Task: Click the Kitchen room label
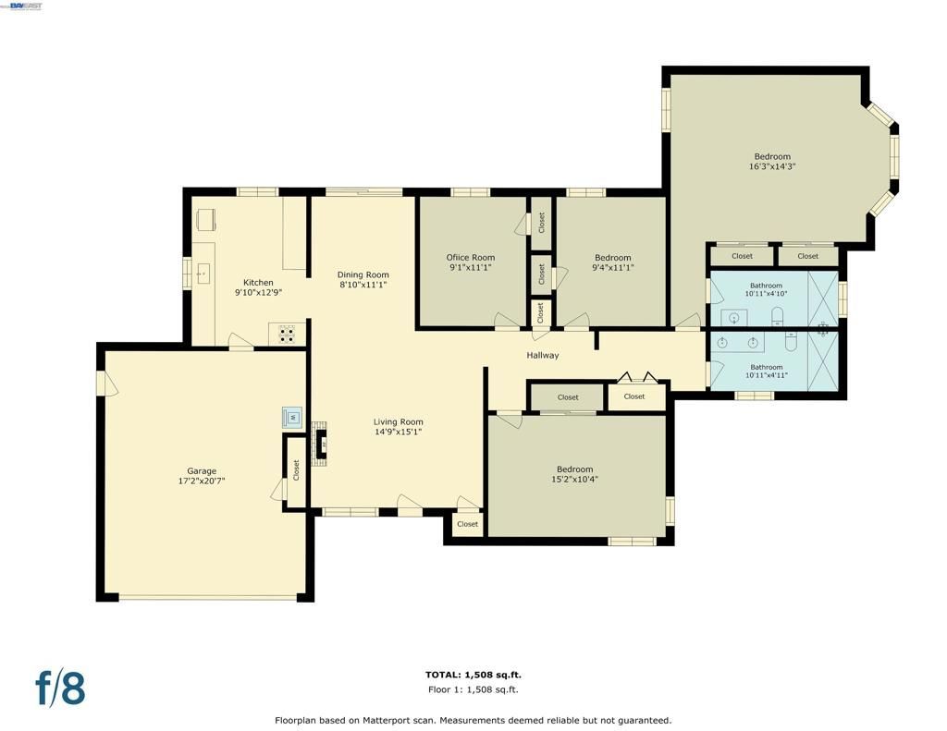258,283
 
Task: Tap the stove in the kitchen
288,334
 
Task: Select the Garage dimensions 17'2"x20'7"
202,481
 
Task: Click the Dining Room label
363,274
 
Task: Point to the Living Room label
399,421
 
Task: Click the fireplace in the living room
321,443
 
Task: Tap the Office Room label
470,258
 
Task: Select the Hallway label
543,355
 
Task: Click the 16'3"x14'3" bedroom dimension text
772,167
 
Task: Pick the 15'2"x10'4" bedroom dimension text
574,479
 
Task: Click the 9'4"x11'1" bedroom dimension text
612,268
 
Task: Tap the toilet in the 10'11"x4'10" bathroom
777,315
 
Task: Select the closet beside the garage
296,469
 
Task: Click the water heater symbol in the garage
292,417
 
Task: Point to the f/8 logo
60,688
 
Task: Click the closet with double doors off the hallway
634,396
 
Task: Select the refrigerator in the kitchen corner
206,219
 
